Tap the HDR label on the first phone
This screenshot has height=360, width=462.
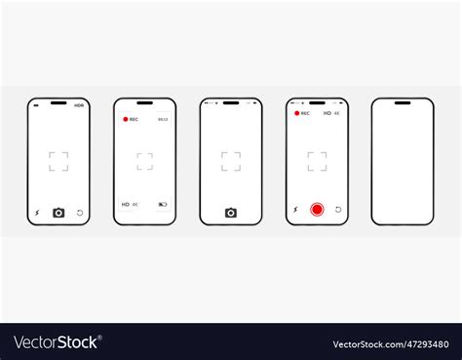coord(79,104)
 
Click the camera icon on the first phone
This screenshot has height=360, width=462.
coord(58,212)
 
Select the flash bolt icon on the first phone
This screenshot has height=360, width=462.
coord(37,212)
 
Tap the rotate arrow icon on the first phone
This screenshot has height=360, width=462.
coord(80,212)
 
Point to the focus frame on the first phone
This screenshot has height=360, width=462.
coord(58,161)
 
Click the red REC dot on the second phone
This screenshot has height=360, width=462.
coord(125,119)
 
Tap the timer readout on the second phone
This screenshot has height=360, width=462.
coord(163,119)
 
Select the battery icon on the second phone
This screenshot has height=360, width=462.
coord(163,205)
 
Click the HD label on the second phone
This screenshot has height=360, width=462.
coord(125,205)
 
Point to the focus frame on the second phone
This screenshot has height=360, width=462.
coord(144,161)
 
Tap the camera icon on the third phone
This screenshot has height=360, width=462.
coord(231,213)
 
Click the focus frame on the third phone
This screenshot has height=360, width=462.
coord(231,161)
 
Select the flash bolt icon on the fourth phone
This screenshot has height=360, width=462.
coord(295,210)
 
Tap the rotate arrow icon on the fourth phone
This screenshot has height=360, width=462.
coord(338,210)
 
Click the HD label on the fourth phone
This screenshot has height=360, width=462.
coord(325,113)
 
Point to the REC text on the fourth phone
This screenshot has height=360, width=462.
coord(305,113)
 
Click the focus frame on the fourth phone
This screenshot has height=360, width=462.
coord(317,161)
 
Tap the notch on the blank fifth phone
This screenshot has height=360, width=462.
coord(403,102)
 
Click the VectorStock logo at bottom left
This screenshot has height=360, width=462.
coord(56,342)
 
